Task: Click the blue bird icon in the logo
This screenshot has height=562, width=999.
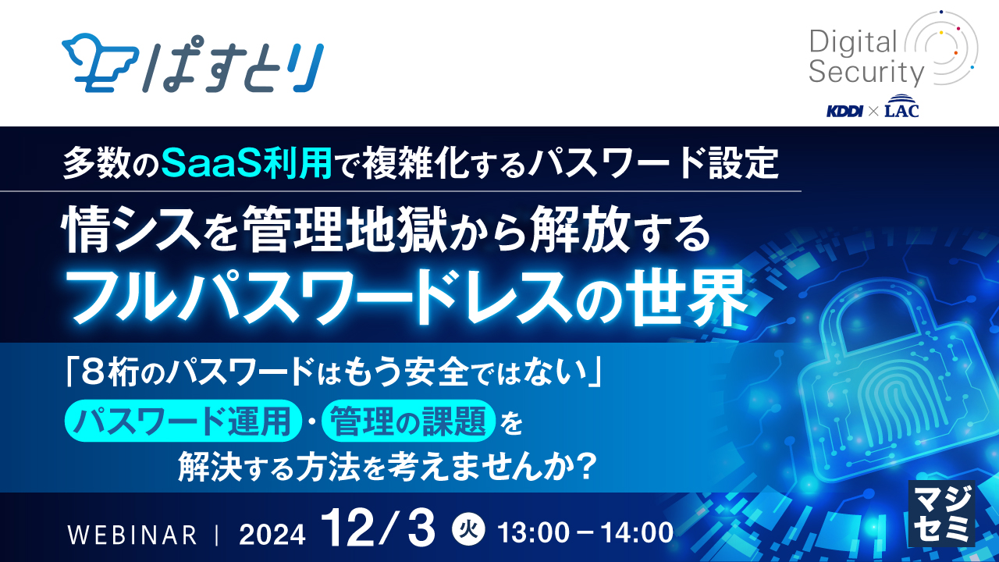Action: click(x=98, y=62)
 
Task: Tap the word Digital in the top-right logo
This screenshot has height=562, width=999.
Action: click(x=853, y=42)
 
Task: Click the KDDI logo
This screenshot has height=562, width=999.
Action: click(x=844, y=111)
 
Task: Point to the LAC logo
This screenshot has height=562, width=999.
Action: click(x=901, y=106)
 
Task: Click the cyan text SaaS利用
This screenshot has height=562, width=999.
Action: click(x=247, y=163)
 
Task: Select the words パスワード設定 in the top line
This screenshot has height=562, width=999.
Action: click(x=652, y=163)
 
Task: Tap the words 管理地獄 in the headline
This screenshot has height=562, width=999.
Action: click(x=346, y=231)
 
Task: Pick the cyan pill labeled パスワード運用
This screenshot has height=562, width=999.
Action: click(x=183, y=421)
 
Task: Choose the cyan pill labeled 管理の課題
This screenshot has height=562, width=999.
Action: click(x=408, y=421)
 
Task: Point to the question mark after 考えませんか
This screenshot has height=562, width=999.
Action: click(x=584, y=467)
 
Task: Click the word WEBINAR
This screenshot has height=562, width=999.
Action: click(x=132, y=535)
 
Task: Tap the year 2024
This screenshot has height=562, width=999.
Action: click(x=272, y=535)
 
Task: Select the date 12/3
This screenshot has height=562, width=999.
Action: click(x=379, y=529)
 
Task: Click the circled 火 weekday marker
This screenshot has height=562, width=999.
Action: click(x=468, y=531)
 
